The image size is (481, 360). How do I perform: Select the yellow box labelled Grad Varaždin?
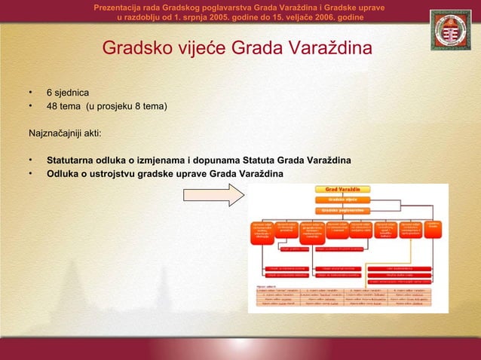347,188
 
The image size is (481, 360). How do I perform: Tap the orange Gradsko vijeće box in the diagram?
347,200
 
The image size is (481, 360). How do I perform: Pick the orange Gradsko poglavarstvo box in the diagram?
347,212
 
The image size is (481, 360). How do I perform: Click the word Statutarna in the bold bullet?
72,160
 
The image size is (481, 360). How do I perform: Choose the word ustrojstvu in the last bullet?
113,174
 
